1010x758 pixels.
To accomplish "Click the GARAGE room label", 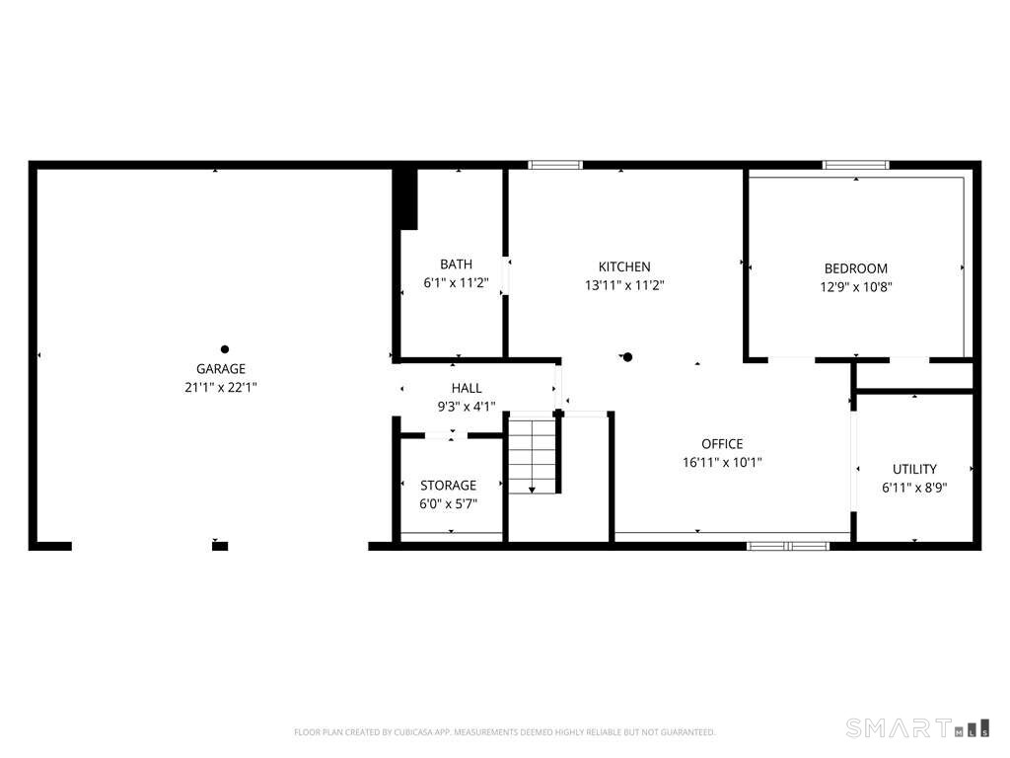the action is (x=221, y=369).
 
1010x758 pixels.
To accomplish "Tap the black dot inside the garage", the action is (x=225, y=349).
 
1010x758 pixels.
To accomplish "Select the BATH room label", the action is (x=456, y=265).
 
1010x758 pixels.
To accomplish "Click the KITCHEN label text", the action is (x=624, y=266).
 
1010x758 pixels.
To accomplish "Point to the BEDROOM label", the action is (x=856, y=268).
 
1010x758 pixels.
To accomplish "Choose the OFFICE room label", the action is (x=722, y=444).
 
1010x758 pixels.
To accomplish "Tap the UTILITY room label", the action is (x=914, y=469).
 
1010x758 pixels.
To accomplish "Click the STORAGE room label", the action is (x=449, y=486).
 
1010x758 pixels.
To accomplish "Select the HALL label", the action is (x=467, y=388).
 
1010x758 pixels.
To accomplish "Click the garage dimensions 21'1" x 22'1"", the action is (x=221, y=387).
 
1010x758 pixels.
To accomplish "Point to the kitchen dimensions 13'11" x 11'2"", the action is (x=624, y=285).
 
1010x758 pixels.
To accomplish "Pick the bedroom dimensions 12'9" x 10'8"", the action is (x=856, y=287).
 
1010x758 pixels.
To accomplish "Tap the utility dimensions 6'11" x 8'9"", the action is (x=914, y=488).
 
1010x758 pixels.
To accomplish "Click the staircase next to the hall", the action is (x=533, y=453).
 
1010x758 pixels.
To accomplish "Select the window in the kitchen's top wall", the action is (x=555, y=165).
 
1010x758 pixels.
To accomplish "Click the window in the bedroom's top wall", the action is (x=856, y=165).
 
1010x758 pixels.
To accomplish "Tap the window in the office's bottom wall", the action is (x=788, y=547).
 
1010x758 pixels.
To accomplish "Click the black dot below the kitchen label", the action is (x=628, y=357).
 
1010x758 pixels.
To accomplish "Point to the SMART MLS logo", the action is (x=917, y=728).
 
